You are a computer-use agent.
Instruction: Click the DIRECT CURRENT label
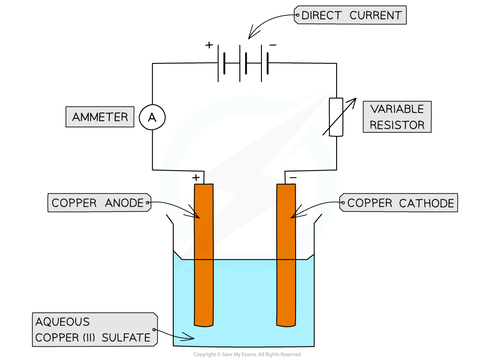(x=350, y=15)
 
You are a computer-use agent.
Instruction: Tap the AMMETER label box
(x=100, y=117)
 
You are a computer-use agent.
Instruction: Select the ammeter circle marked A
(x=152, y=117)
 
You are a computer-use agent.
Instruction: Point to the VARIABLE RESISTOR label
(x=397, y=117)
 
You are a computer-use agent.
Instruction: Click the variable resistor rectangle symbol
(x=336, y=117)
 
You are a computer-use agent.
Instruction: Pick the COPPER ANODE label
(x=99, y=202)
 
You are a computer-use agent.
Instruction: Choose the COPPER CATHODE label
(x=399, y=203)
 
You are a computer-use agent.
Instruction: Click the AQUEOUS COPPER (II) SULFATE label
(x=94, y=329)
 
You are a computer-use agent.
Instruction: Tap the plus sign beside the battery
(x=209, y=45)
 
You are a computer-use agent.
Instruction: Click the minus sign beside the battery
(x=273, y=45)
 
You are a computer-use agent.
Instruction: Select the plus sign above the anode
(x=196, y=177)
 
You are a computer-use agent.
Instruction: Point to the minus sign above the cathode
(x=293, y=178)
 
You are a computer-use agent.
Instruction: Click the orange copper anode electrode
(x=204, y=255)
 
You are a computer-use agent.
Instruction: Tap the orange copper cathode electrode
(x=286, y=255)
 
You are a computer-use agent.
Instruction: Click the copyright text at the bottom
(x=247, y=354)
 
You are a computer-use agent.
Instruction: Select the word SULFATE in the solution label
(x=126, y=337)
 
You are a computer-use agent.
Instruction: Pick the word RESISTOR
(x=397, y=125)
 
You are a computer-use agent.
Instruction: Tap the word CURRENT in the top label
(x=376, y=15)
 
